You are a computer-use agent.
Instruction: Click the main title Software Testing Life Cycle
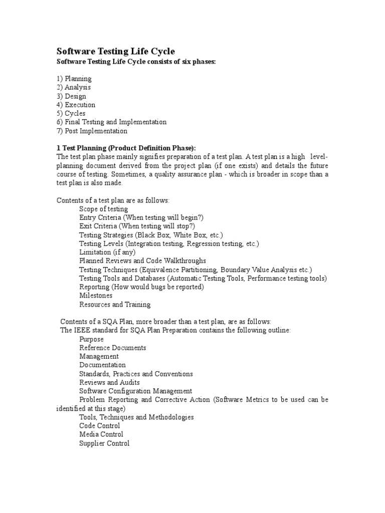[x=115, y=52]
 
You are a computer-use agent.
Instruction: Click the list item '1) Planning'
[x=74, y=79]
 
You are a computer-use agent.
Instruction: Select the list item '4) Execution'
[x=76, y=105]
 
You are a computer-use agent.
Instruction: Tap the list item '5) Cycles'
[x=71, y=113]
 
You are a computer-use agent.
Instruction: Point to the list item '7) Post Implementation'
[x=92, y=131]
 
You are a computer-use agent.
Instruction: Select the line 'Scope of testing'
[x=103, y=209]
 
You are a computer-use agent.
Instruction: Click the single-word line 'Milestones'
[x=96, y=296]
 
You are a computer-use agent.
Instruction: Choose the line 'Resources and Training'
[x=115, y=304]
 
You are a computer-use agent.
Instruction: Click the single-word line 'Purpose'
[x=92, y=339]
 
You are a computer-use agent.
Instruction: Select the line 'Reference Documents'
[x=113, y=348]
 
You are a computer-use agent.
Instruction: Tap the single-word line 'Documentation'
[x=102, y=365]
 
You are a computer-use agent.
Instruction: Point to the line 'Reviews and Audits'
[x=109, y=382]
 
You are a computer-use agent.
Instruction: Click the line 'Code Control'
[x=100, y=426]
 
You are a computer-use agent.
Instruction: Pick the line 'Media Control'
[x=101, y=434]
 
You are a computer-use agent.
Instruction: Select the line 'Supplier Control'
[x=104, y=443]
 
